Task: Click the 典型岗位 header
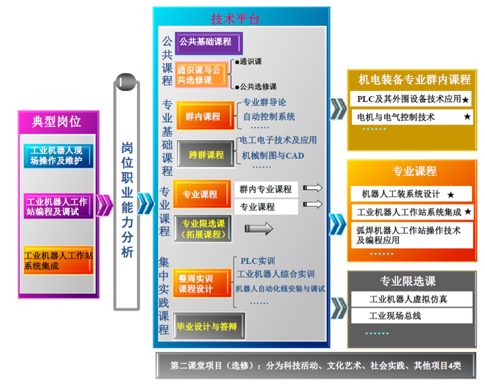57,122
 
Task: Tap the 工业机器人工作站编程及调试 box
57,206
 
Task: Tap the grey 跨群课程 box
206,155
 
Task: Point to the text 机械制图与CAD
273,155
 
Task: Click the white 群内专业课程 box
266,189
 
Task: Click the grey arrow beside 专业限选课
259,229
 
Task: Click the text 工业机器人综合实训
276,274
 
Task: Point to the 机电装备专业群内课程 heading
415,79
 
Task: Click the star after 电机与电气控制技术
467,117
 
